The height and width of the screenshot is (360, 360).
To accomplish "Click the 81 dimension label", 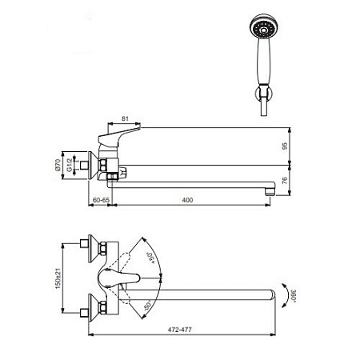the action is click(x=125, y=118).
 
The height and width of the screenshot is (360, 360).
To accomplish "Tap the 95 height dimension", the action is click(x=285, y=146).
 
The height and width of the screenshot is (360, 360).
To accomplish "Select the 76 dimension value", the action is click(x=285, y=180).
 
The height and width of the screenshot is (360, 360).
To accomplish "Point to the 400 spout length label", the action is click(x=187, y=200).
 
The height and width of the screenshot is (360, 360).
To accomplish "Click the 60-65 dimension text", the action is click(x=101, y=200).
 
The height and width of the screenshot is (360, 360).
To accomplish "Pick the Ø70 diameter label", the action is click(x=58, y=165).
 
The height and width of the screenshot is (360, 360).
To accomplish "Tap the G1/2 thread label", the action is click(x=69, y=165).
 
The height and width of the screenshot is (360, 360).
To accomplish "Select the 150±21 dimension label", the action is click(x=58, y=278).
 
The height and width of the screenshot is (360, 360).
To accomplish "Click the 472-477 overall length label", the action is click(x=180, y=330).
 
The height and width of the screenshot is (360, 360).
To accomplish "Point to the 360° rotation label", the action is click(x=294, y=296).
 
